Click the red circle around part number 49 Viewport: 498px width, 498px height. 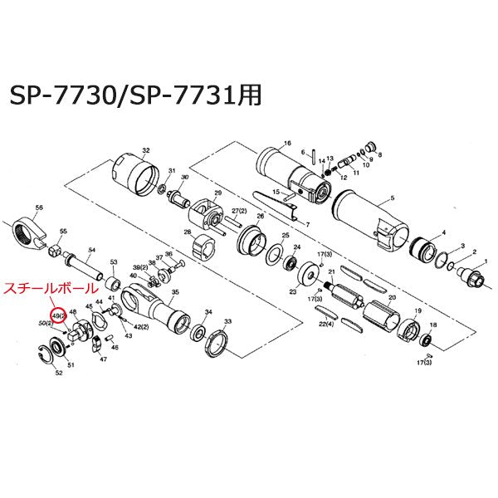tap(58, 316)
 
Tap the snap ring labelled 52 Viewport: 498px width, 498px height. tap(56, 359)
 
